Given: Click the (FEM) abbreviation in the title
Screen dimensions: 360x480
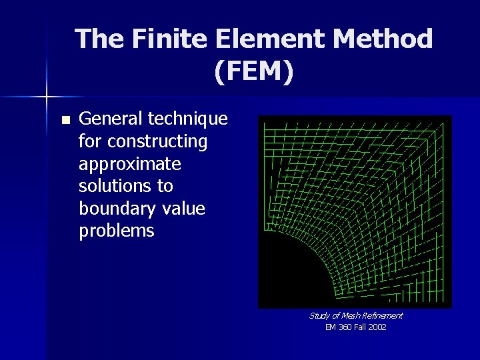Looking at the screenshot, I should [254, 71].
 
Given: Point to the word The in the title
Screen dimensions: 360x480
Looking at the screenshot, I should [99, 39].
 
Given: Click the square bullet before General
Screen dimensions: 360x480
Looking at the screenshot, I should [65, 121].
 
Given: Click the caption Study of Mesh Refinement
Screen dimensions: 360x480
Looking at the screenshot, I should [355, 315].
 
